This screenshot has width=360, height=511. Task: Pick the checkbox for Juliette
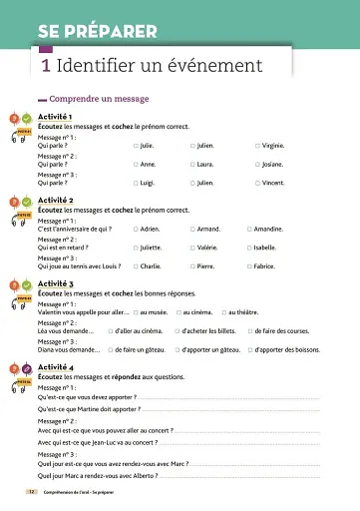(x=136, y=248)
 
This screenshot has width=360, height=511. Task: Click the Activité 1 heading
(x=55, y=118)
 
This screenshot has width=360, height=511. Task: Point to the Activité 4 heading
(x=55, y=368)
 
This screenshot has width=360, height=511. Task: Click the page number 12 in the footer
(x=30, y=493)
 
